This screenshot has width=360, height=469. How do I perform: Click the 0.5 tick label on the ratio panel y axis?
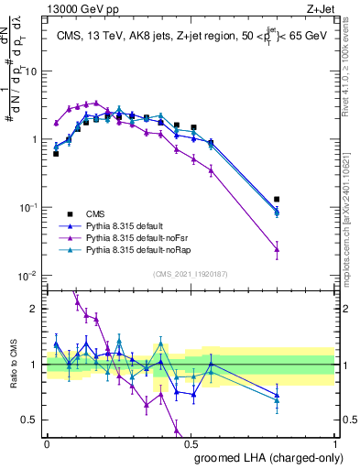coord(30,420)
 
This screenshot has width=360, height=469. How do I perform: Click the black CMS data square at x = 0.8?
coord(277,199)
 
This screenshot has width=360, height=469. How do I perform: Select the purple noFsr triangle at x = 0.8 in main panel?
coord(277,248)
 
